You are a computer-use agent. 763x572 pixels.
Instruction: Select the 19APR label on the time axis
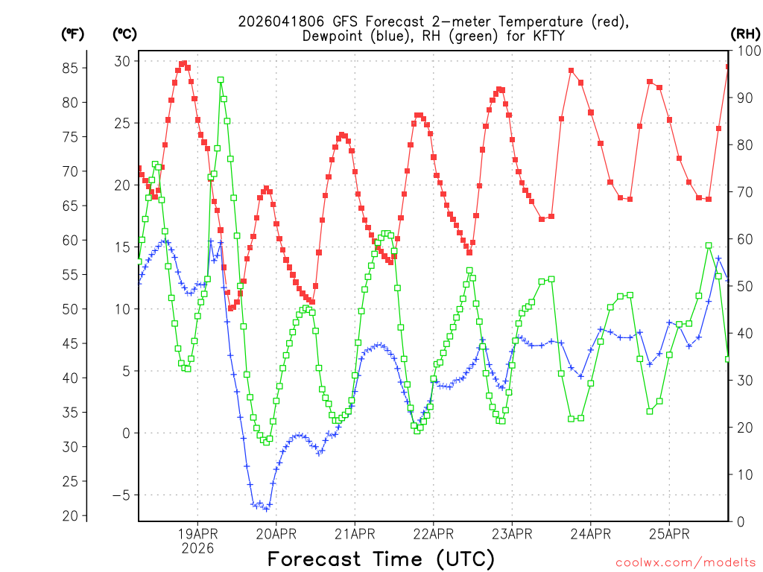(197, 533)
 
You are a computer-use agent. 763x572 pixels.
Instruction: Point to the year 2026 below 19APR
(197, 548)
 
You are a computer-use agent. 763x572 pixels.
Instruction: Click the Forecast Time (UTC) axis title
(381, 559)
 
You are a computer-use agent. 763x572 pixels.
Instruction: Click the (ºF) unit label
(73, 34)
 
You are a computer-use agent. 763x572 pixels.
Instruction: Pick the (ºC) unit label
(125, 34)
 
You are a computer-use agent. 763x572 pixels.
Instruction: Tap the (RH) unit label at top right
(744, 34)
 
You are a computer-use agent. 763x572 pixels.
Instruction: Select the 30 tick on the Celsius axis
(121, 61)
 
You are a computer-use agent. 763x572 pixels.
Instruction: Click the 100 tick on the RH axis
(746, 51)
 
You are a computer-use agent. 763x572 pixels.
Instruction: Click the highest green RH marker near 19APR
(221, 80)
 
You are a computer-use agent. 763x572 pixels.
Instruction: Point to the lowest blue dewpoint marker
(266, 509)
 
